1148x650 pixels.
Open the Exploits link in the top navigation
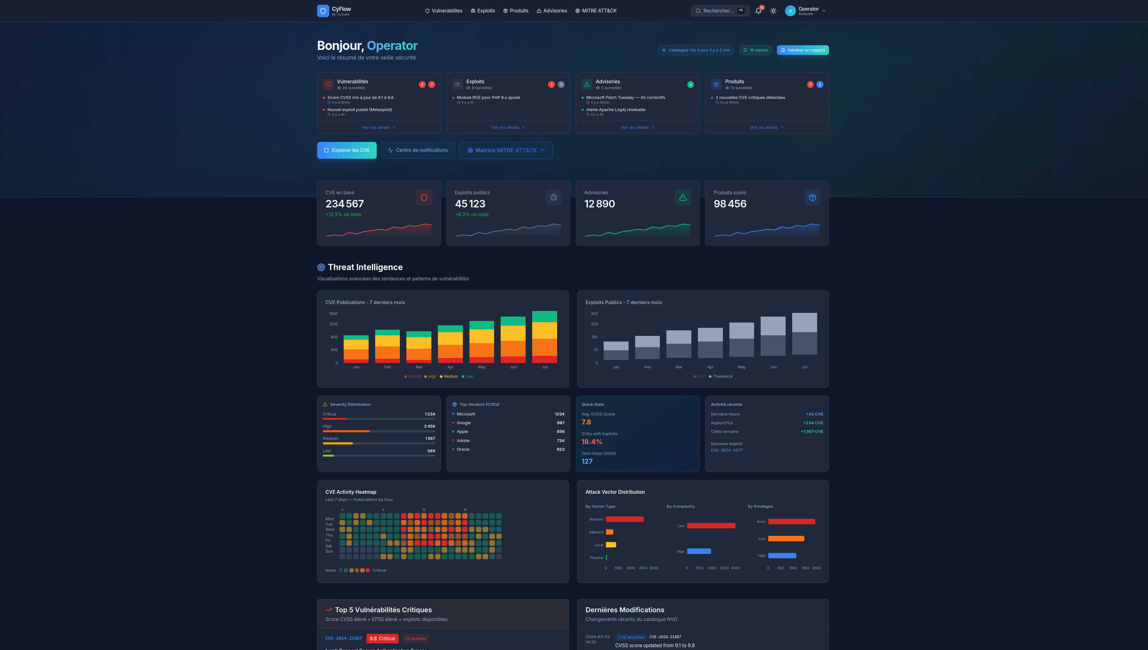point(483,11)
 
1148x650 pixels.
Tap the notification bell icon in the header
point(758,11)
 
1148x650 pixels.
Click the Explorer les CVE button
point(347,150)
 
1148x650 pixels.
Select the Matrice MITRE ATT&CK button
point(506,150)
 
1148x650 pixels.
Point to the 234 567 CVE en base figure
point(344,204)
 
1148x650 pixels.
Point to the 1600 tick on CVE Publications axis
point(333,314)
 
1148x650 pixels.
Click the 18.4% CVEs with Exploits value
point(591,442)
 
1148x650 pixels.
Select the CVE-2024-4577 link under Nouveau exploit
point(726,450)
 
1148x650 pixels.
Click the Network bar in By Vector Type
point(625,519)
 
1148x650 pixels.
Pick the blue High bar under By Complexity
point(699,551)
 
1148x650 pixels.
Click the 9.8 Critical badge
point(382,638)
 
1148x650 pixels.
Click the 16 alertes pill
point(755,50)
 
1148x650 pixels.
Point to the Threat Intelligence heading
point(365,267)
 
